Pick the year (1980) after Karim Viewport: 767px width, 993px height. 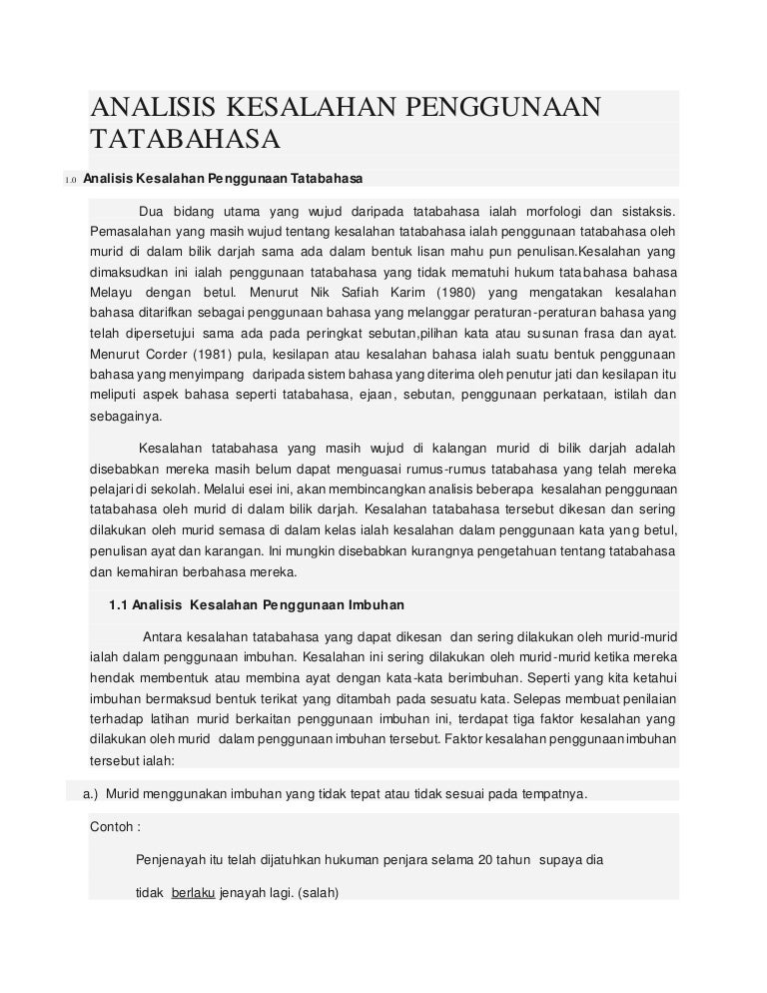pos(451,293)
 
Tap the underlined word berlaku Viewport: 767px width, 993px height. pos(193,895)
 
